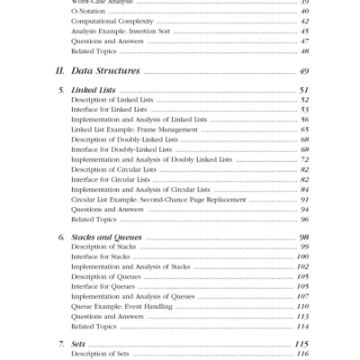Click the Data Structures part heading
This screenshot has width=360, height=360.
(x=105, y=70)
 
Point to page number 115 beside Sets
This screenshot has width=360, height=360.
(x=302, y=345)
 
